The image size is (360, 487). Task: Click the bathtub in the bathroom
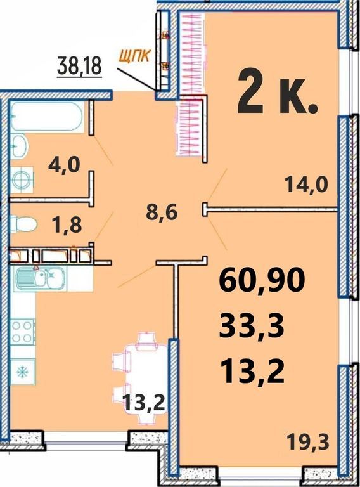point(47,117)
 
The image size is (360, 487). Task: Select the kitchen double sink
point(41,277)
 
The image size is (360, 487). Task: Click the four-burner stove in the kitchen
point(23,332)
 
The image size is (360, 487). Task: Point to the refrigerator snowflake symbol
point(23,372)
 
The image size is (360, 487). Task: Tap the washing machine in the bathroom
point(22,180)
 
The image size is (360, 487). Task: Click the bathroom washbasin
point(19,146)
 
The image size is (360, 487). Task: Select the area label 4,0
point(64,165)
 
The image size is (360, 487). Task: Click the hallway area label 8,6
point(162,213)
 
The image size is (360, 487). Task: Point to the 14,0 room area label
point(307,185)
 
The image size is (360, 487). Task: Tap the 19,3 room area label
point(307,441)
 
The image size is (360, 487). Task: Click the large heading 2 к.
point(278,94)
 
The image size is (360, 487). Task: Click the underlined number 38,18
point(80,66)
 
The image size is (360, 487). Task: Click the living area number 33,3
point(252,327)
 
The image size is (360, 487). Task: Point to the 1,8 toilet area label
point(67,225)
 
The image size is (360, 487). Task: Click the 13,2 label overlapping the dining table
point(144,403)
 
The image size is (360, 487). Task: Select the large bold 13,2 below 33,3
point(252,373)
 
